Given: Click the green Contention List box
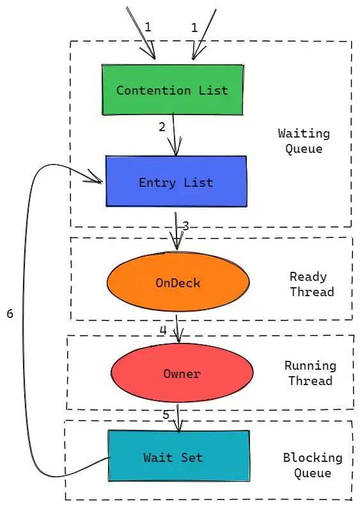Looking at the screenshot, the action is (173, 90).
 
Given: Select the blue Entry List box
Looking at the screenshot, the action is (176, 182).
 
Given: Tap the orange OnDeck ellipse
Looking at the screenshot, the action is (178, 281).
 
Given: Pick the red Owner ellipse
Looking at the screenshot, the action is (182, 373).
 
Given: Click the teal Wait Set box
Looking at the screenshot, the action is (178, 455).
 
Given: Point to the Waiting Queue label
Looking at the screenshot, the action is (304, 141).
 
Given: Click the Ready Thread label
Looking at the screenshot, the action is (311, 284).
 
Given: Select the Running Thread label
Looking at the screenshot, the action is (310, 373).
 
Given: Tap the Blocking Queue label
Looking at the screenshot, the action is (313, 465).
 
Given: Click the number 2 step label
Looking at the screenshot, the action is (162, 127).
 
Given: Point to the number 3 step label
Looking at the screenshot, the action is (186, 226).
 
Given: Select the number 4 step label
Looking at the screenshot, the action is (163, 330).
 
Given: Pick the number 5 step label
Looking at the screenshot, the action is (166, 415).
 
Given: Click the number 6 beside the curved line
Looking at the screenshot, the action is (10, 313).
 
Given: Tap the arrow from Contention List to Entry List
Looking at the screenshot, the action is (175, 134).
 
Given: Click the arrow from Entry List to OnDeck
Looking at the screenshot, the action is (176, 231).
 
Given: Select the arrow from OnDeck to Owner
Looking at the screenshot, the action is (178, 329).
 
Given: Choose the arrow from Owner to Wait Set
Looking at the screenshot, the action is (178, 418).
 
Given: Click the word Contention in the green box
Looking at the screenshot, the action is (153, 90).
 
